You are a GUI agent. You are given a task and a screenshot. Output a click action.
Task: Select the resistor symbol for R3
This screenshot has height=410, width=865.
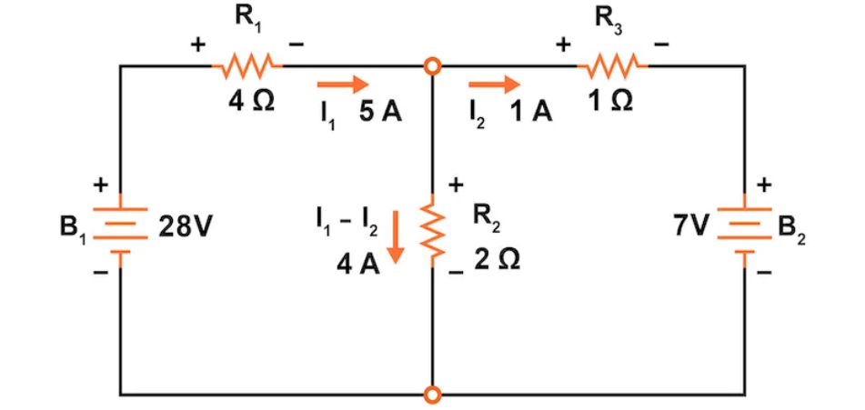[x=612, y=65]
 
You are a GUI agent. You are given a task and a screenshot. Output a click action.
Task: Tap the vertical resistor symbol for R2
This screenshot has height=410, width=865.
[x=434, y=230]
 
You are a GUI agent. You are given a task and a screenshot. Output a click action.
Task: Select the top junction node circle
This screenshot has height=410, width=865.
[x=434, y=66]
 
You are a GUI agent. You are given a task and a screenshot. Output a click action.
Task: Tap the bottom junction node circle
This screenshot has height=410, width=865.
[x=434, y=395]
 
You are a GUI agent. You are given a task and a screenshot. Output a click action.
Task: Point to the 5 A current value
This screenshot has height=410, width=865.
[x=380, y=113]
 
